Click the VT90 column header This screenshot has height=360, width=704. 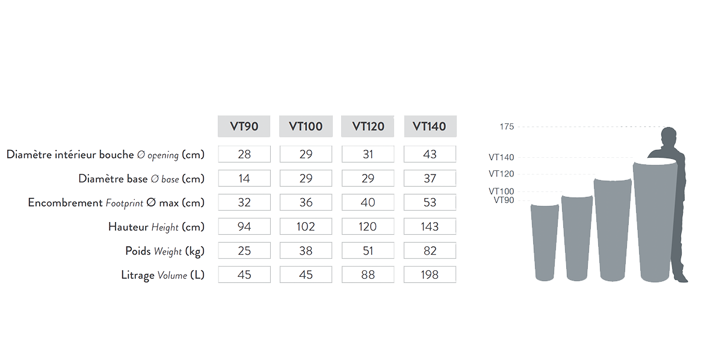[x=244, y=126]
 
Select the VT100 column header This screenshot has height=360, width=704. [x=306, y=126]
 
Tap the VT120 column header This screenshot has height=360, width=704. [x=368, y=126]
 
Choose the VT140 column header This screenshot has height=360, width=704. [x=430, y=126]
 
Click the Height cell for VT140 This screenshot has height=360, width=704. [x=430, y=227]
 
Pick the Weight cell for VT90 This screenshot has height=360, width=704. [x=244, y=251]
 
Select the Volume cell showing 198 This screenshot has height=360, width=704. [x=430, y=275]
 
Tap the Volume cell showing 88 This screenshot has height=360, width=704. [x=368, y=275]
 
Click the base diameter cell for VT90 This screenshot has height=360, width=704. [x=244, y=179]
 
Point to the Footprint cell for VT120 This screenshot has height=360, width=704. [x=368, y=203]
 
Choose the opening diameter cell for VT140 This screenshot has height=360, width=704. [x=430, y=155]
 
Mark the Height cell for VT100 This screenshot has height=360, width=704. [x=306, y=227]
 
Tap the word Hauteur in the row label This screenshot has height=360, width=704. [x=128, y=227]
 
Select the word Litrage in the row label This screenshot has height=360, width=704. [x=138, y=275]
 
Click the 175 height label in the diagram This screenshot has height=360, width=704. [x=507, y=127]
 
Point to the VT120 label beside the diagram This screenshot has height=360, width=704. [x=501, y=174]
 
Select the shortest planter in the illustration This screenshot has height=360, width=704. [x=545, y=241]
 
